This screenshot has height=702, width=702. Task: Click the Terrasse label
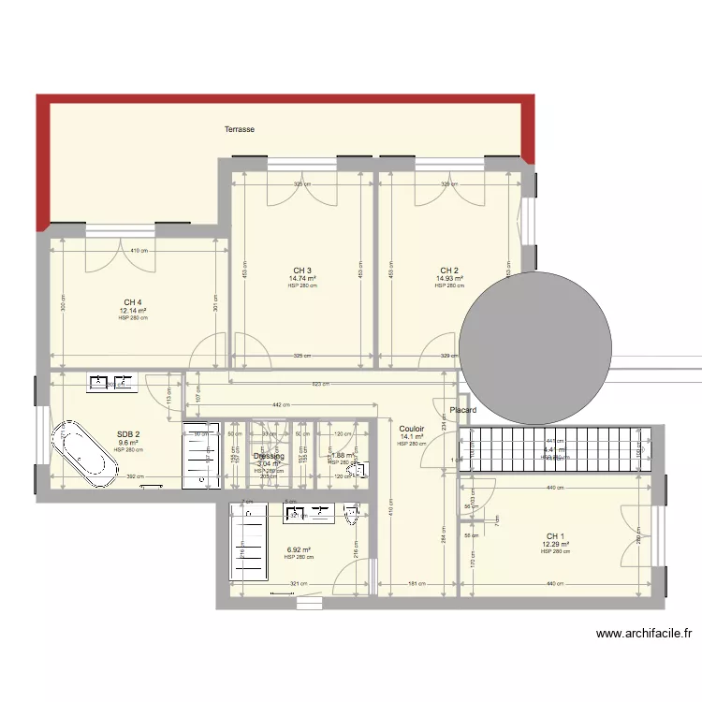click(x=240, y=129)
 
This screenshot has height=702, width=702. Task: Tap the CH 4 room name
click(x=133, y=302)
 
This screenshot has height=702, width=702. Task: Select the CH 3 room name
click(x=302, y=271)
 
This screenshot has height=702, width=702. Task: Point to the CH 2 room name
click(x=449, y=271)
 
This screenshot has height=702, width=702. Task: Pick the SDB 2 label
click(x=128, y=434)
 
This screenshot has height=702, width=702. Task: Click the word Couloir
click(x=412, y=428)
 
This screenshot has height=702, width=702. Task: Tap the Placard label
click(x=463, y=411)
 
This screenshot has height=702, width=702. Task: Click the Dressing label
click(x=269, y=456)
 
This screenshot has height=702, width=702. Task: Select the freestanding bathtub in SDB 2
click(x=83, y=454)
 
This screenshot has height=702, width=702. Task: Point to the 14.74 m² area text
click(x=302, y=278)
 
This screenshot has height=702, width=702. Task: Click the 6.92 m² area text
click(x=300, y=550)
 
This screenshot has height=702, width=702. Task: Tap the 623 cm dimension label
click(x=319, y=385)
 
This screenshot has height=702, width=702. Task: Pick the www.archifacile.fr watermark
click(x=643, y=634)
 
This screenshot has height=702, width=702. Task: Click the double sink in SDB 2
click(x=112, y=382)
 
